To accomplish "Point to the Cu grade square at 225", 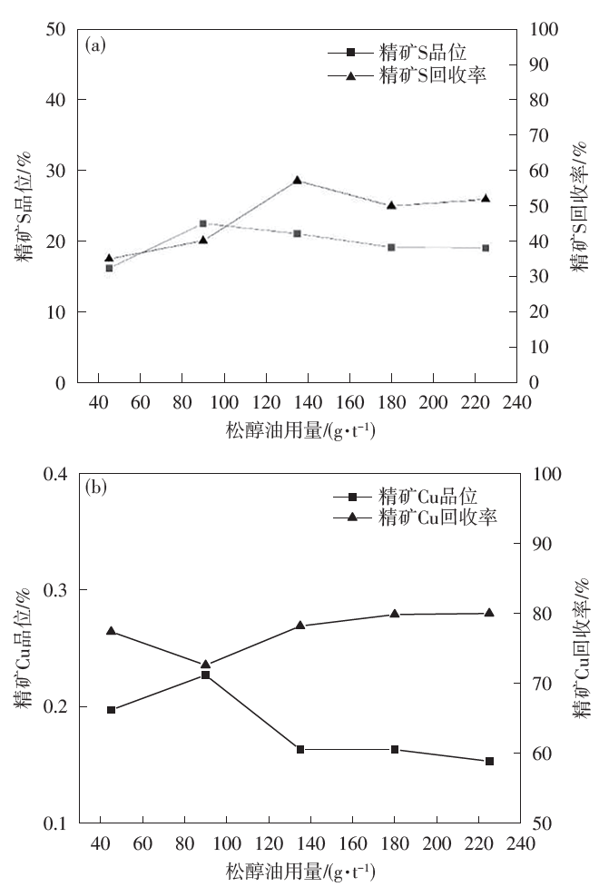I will click(x=489, y=761).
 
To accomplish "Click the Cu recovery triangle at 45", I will click(x=111, y=631).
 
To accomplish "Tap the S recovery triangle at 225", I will click(x=486, y=198).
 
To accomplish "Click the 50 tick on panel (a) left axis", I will click(x=57, y=29).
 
